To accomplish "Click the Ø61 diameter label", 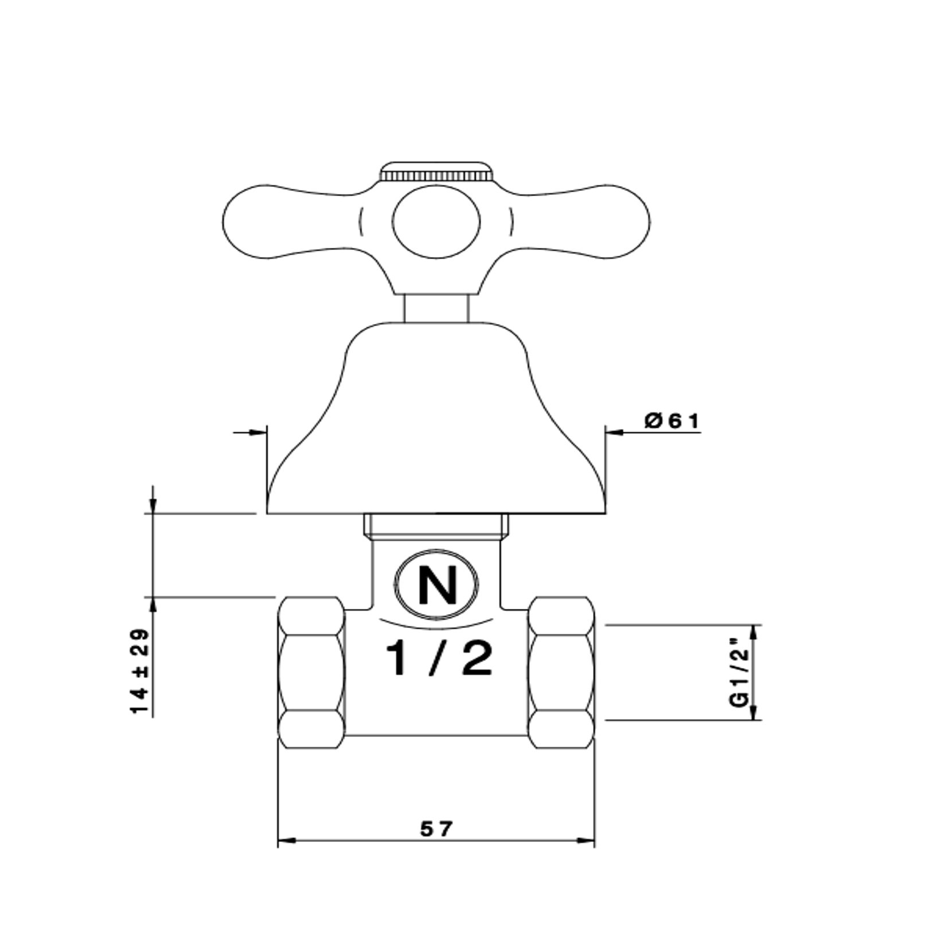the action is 672,421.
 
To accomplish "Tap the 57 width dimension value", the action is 436,828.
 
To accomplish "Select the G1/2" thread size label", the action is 740,672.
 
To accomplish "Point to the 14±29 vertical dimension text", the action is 140,672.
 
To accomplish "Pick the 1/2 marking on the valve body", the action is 439,658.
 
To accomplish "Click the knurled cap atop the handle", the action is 436,171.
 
